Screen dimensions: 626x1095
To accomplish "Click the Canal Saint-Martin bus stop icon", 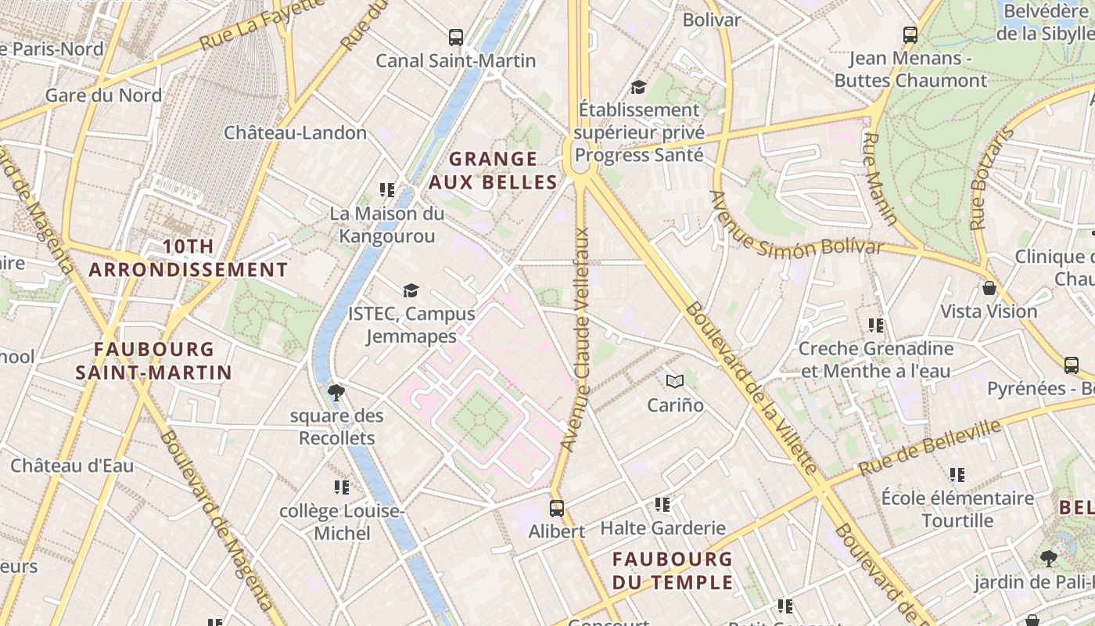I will tap(456, 37).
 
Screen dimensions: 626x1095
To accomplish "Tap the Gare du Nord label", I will tap(103, 95).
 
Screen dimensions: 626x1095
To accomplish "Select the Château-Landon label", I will tap(295, 132).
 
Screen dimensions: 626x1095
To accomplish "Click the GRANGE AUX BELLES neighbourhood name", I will tap(493, 171).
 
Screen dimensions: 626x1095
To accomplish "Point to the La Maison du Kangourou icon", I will tap(386, 189).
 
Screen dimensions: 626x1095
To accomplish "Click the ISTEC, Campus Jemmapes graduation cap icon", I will tap(411, 290).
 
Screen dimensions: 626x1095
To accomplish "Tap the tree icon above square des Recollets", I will tap(337, 392).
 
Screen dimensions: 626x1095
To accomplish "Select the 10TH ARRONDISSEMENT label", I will tap(188, 258).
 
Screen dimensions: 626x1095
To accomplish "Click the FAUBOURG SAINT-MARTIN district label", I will tap(153, 360).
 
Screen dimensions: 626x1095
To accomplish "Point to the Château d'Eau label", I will tap(72, 466).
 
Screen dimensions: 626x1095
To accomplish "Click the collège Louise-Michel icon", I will tap(342, 487).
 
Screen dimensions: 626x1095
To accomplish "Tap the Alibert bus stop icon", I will tap(556, 508).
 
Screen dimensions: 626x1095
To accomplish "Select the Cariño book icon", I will tap(674, 381).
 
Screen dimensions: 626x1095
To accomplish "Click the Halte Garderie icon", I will tap(662, 505).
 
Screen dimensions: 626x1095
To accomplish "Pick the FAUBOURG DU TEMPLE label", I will tap(673, 570).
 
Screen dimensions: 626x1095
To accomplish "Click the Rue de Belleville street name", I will tap(930, 448).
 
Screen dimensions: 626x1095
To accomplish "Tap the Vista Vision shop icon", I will tap(989, 287).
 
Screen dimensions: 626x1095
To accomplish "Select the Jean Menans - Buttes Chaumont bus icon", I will tap(910, 34).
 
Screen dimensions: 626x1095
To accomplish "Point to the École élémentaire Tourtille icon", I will tap(957, 474).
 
